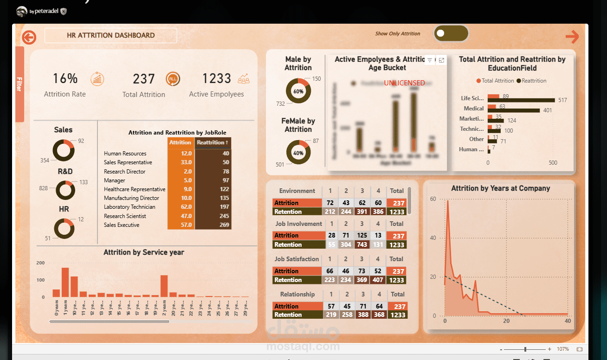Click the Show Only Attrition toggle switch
pyautogui.click(x=451, y=33)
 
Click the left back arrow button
pyautogui.click(x=29, y=37)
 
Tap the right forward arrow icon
pyautogui.click(x=572, y=37)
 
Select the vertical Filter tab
pyautogui.click(x=19, y=84)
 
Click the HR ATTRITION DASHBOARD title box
pyautogui.click(x=110, y=35)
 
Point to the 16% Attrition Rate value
pyautogui.click(x=65, y=79)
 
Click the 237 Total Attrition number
pyautogui.click(x=143, y=79)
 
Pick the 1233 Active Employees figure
pyautogui.click(x=216, y=79)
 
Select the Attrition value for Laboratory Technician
pyautogui.click(x=181, y=207)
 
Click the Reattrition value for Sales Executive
pyautogui.click(x=213, y=225)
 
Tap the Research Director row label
pyautogui.click(x=124, y=172)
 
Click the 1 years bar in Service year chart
pyautogui.click(x=65, y=282)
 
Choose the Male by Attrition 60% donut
pyautogui.click(x=298, y=91)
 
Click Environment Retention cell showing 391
pyautogui.click(x=362, y=212)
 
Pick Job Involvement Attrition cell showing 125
pyautogui.click(x=362, y=236)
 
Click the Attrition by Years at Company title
pyautogui.click(x=500, y=188)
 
